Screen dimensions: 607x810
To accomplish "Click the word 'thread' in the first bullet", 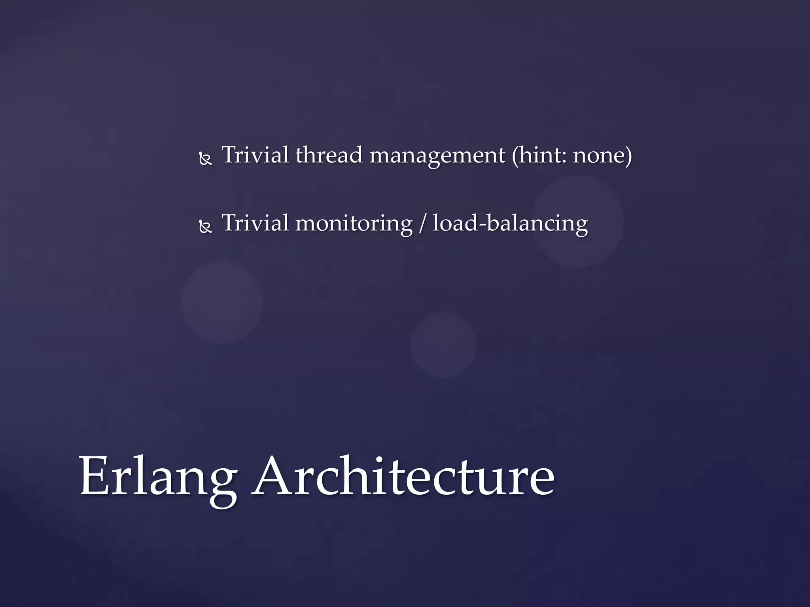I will (x=329, y=155).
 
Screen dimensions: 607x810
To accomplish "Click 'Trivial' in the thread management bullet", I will (x=255, y=155).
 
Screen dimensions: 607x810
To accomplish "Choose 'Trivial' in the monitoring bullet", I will (x=255, y=223).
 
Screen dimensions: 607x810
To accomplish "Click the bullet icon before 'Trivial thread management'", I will (x=206, y=160).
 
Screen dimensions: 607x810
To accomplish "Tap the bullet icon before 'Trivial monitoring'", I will (x=206, y=228).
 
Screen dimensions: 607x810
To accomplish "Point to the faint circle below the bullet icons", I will (x=221, y=302).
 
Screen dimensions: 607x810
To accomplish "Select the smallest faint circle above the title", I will (x=443, y=345).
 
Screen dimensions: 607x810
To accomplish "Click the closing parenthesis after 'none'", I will (x=628, y=156).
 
